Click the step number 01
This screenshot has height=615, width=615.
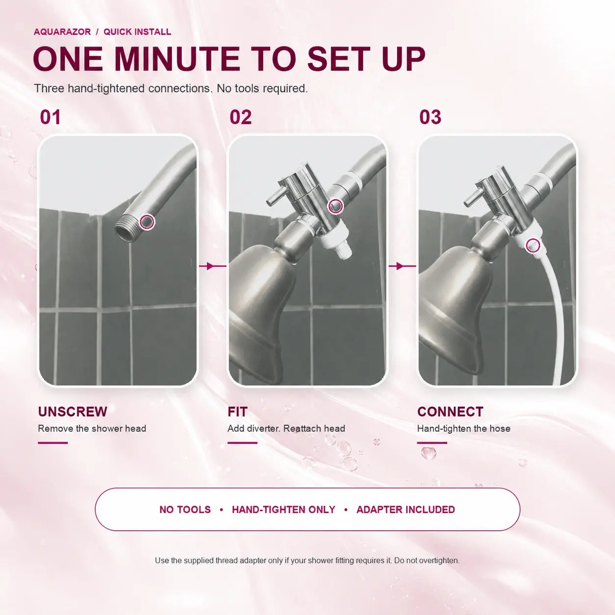[x=50, y=117]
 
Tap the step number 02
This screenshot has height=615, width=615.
[x=240, y=117]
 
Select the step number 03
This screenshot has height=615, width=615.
[x=430, y=117]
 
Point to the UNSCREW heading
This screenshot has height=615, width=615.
[x=73, y=411]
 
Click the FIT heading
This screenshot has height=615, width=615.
[x=237, y=411]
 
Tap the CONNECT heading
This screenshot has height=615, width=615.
[x=450, y=411]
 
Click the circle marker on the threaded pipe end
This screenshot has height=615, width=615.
[x=147, y=222]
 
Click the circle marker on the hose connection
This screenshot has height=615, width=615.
[x=533, y=246]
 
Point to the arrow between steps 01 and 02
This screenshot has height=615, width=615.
[x=212, y=266]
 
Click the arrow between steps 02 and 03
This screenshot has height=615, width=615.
[x=402, y=266]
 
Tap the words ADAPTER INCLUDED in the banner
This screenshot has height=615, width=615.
[x=406, y=510]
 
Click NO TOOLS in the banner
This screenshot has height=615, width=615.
[x=185, y=510]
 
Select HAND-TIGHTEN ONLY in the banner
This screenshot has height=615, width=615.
[x=283, y=510]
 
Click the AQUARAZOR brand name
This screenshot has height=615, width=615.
[x=62, y=32]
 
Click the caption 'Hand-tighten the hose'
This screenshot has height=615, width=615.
[x=464, y=428]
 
